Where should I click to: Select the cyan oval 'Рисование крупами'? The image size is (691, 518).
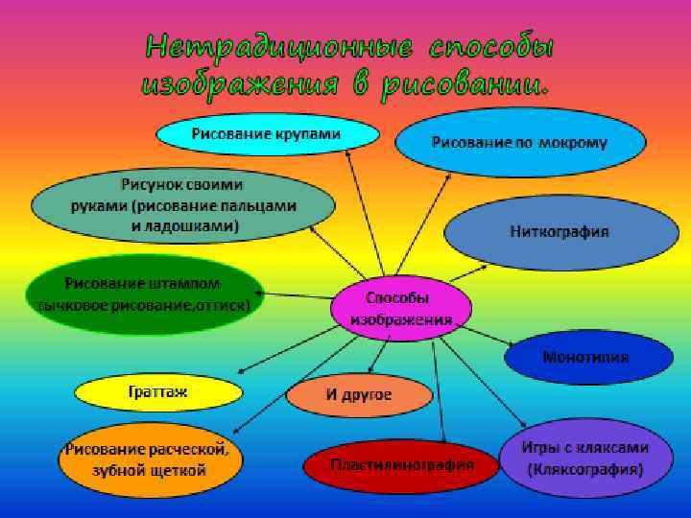266,133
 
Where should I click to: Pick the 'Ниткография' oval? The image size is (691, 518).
560,232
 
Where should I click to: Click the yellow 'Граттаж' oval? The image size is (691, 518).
158,391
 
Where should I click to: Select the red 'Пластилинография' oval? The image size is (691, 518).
402,466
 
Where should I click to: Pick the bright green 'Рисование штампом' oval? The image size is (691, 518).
144,294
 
